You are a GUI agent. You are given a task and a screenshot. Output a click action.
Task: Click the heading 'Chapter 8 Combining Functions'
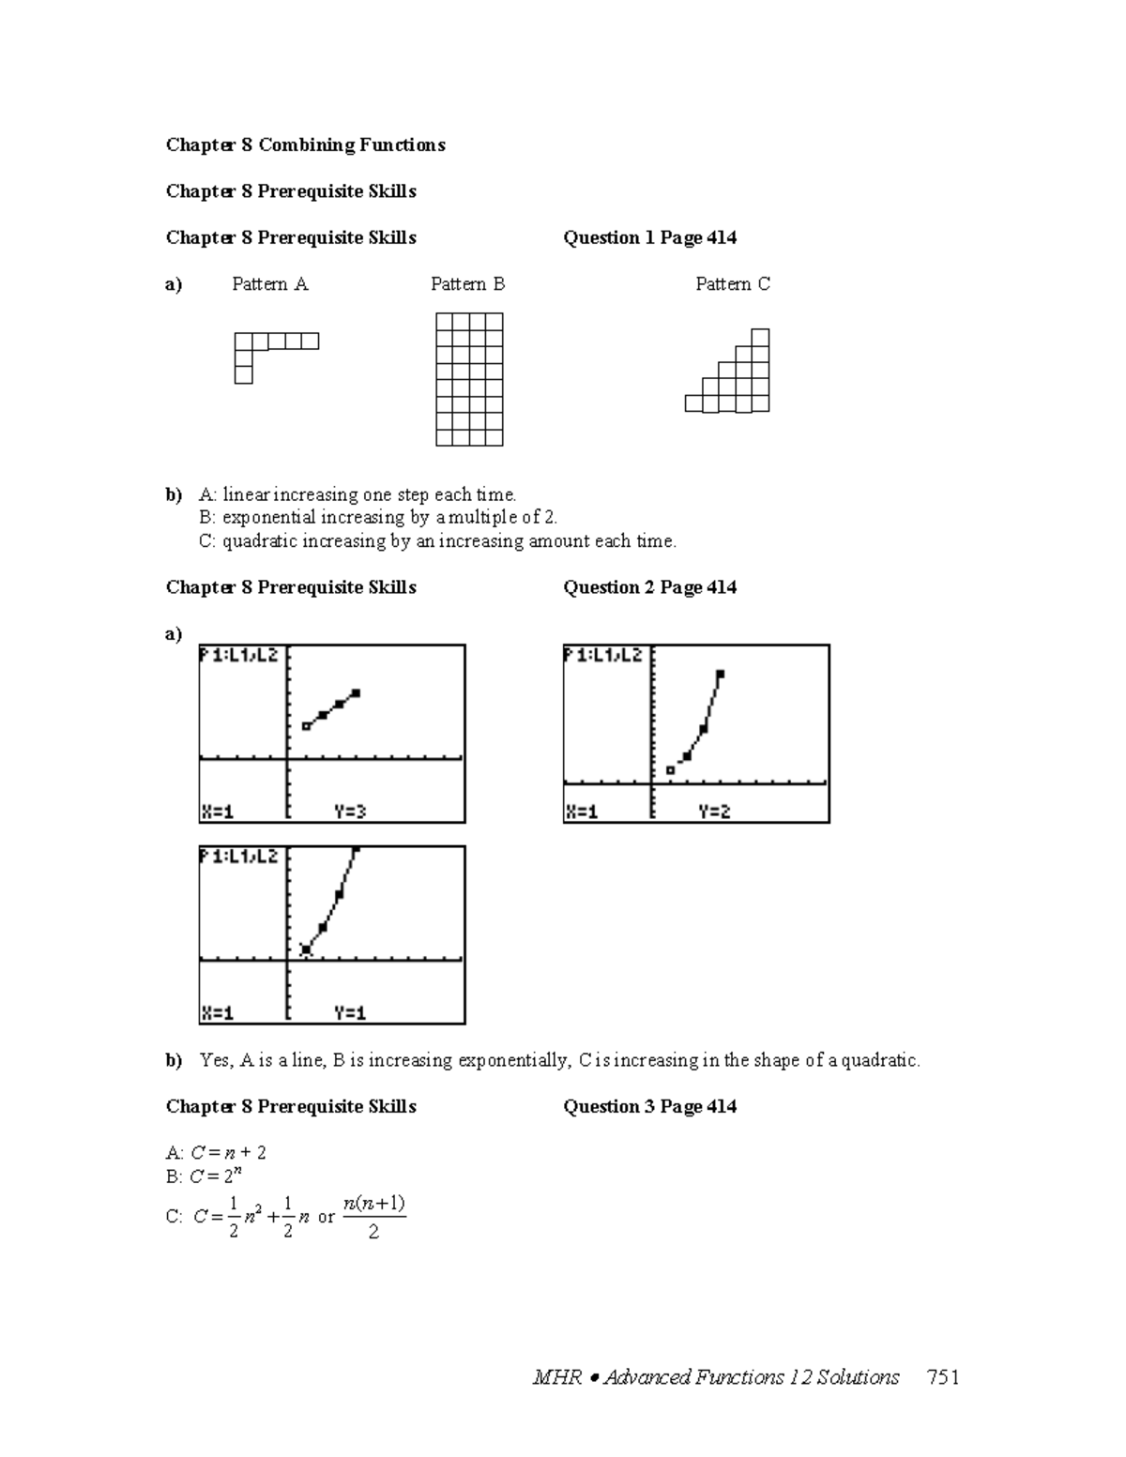click(x=305, y=144)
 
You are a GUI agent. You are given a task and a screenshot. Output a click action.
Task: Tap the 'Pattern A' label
click(x=269, y=284)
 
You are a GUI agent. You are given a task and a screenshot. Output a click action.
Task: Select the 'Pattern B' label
click(x=467, y=284)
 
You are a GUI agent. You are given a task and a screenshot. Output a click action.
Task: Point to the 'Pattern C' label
click(x=732, y=284)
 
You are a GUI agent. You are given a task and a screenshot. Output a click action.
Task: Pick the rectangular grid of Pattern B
click(x=469, y=379)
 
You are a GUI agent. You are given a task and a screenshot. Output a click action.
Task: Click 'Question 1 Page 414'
click(x=649, y=237)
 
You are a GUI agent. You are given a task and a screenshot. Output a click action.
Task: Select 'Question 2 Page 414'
click(x=649, y=587)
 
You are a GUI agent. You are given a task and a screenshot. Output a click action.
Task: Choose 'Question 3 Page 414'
click(x=649, y=1106)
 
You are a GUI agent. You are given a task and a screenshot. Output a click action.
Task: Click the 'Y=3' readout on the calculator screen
click(x=349, y=812)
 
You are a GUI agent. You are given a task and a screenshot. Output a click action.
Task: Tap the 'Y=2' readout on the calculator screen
click(x=713, y=812)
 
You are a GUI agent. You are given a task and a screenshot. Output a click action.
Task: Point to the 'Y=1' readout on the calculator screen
click(x=349, y=1012)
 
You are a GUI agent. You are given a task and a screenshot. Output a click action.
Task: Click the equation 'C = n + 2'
click(x=228, y=1152)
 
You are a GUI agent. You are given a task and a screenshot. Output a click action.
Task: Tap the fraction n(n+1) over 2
click(x=373, y=1217)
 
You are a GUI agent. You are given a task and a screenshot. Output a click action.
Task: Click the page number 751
click(x=942, y=1377)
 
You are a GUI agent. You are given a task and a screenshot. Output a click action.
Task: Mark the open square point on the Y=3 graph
click(x=306, y=725)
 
